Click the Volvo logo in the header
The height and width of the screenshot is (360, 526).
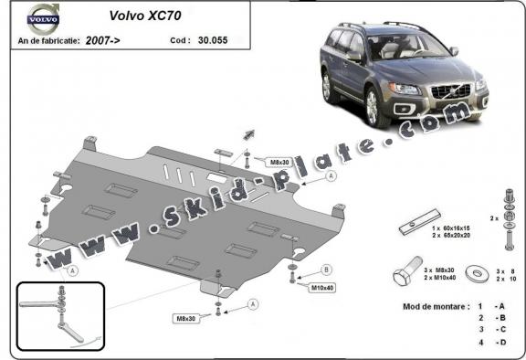point(42,18)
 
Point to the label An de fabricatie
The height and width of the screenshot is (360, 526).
point(48,42)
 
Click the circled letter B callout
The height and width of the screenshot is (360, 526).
point(327,270)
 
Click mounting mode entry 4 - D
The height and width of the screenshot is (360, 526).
point(486,344)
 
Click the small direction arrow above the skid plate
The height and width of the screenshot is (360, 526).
point(247,133)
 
